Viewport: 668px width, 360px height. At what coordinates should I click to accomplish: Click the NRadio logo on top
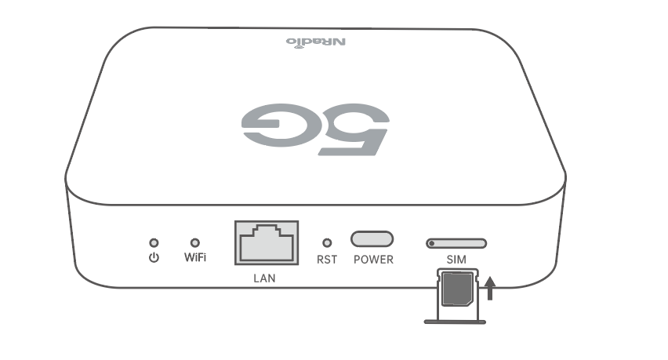pyautogui.click(x=316, y=42)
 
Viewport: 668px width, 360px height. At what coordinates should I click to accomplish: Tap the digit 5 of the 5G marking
pyautogui.click(x=354, y=129)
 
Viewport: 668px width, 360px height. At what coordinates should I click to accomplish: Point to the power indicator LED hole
pyautogui.click(x=154, y=243)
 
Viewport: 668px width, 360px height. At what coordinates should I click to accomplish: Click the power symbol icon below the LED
pyautogui.click(x=154, y=258)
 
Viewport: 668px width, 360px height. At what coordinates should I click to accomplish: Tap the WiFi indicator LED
pyautogui.click(x=194, y=243)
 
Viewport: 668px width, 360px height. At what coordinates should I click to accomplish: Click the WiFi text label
pyautogui.click(x=195, y=257)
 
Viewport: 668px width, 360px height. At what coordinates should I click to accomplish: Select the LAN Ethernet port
pyautogui.click(x=267, y=243)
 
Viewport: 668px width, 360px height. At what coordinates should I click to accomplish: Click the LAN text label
pyautogui.click(x=264, y=278)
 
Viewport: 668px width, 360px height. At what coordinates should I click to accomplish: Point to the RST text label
pyautogui.click(x=327, y=260)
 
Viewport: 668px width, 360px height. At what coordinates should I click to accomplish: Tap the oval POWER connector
pyautogui.click(x=372, y=239)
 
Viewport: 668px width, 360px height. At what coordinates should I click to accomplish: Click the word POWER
pyautogui.click(x=374, y=260)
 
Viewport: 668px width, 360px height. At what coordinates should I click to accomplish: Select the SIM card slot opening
pyautogui.click(x=456, y=243)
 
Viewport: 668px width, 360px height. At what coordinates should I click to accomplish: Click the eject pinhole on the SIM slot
pyautogui.click(x=431, y=244)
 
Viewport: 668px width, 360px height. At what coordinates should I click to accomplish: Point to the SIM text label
pyautogui.click(x=456, y=260)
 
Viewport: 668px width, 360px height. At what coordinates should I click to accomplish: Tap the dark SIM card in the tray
pyautogui.click(x=458, y=289)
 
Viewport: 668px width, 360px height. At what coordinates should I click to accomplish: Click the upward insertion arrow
pyautogui.click(x=490, y=288)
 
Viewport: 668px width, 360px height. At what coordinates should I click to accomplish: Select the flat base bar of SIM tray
pyautogui.click(x=455, y=322)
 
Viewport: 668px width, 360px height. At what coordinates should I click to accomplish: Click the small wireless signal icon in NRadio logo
pyautogui.click(x=298, y=48)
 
